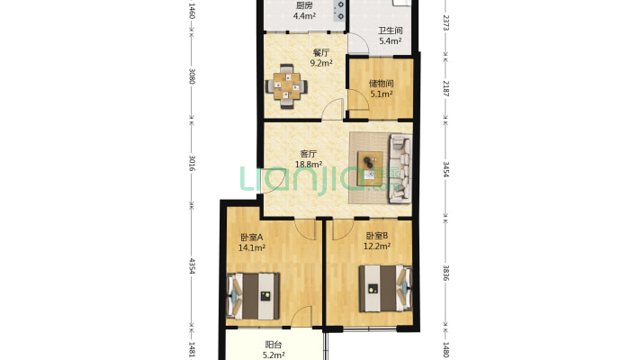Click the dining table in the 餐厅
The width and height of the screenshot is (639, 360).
coord(286,86)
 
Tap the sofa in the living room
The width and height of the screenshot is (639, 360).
coord(400,168)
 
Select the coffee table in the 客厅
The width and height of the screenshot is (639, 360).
coord(370,168)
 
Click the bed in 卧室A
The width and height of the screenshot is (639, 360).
coord(253,296)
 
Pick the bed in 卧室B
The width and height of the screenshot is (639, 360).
coord(385,288)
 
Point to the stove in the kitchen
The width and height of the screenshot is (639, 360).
coord(339,11)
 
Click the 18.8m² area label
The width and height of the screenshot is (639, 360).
coord(309,165)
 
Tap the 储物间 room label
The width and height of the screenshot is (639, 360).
coord(381,84)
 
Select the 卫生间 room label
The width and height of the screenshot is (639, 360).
coord(390,31)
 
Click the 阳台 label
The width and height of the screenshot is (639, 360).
coord(273,345)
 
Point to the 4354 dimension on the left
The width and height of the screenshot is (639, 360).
coord(193,265)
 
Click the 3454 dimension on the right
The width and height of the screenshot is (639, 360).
coord(445,169)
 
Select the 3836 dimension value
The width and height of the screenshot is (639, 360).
coord(445,273)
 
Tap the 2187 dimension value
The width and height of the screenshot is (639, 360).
coord(445,88)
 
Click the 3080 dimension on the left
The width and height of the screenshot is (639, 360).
coord(193,76)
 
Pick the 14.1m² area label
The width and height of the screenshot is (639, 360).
coord(252,247)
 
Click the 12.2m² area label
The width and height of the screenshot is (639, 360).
coord(377,246)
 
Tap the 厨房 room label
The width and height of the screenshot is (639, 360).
coord(304,5)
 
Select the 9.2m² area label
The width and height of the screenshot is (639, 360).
coord(321,63)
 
